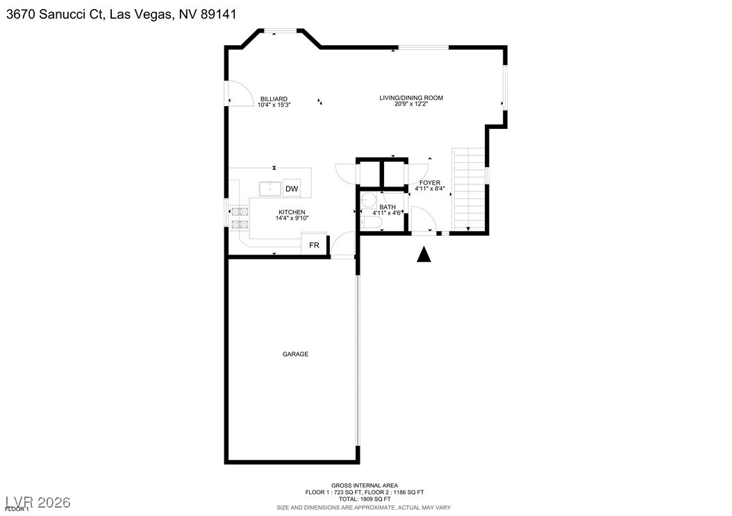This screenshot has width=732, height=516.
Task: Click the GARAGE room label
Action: (x=295, y=354)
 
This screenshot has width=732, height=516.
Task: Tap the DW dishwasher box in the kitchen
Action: (x=292, y=189)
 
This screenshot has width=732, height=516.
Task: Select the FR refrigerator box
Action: (x=314, y=246)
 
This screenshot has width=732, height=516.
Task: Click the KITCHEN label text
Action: (x=292, y=212)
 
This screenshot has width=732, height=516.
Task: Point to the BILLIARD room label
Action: (x=274, y=99)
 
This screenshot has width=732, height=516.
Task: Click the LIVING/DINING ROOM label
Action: (x=410, y=98)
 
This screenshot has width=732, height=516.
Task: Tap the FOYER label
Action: (x=429, y=183)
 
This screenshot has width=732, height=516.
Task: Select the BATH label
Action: (x=387, y=207)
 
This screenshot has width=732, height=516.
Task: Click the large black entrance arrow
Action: (x=424, y=255)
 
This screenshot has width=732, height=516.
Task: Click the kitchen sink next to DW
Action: (x=269, y=189)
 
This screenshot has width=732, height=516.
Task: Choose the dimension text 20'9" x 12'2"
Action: (x=410, y=105)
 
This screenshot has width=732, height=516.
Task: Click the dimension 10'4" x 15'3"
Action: (x=274, y=105)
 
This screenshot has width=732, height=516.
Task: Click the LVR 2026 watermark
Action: (x=38, y=501)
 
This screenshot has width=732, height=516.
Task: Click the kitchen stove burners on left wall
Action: (x=240, y=218)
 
